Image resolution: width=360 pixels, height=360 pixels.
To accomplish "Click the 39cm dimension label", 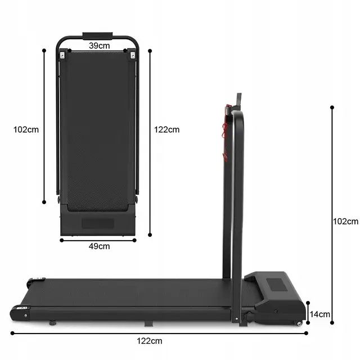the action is (99, 46).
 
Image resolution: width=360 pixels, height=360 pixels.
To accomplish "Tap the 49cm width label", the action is (99, 246).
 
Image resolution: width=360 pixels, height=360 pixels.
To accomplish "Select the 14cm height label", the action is (320, 314).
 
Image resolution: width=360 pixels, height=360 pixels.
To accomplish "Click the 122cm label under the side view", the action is (150, 341).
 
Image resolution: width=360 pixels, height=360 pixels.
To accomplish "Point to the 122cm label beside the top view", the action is (166, 130).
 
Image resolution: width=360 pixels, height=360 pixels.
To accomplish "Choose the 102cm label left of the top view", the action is (26, 130).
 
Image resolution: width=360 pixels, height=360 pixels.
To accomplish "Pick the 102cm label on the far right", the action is (345, 221).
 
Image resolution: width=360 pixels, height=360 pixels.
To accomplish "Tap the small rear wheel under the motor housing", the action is (299, 323).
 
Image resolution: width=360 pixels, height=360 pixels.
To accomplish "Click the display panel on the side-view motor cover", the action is (276, 285).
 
